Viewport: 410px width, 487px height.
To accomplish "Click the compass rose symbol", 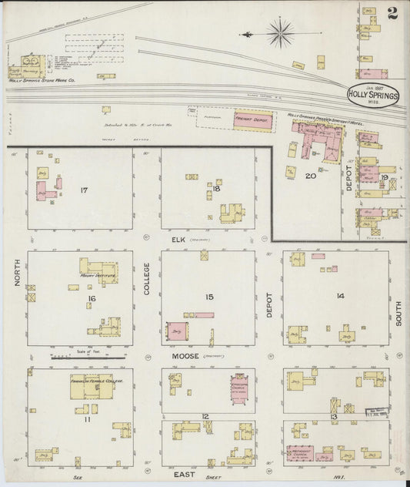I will tap(279, 34).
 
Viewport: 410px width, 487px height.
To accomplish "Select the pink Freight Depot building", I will tap(252, 120).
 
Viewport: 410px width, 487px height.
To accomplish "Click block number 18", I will tap(218, 188).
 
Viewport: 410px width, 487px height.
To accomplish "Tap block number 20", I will tap(310, 176).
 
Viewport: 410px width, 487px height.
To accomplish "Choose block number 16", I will tap(91, 297).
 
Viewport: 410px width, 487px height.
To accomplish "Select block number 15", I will tap(208, 297).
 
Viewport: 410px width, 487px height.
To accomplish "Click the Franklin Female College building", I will tap(91, 391).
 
